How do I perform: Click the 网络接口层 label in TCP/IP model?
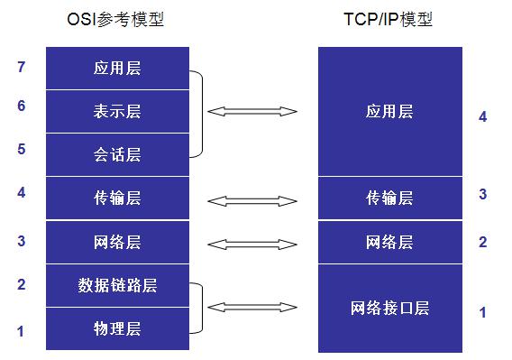[389, 309]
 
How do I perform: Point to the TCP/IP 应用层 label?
[389, 112]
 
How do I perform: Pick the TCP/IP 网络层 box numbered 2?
[389, 242]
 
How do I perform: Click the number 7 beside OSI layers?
[21, 67]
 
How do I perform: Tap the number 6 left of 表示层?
[21, 106]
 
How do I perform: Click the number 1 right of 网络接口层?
[483, 313]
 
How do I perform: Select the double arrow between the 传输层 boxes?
[251, 198]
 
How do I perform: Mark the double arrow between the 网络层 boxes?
[251, 243]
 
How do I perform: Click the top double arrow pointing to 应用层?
[251, 112]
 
